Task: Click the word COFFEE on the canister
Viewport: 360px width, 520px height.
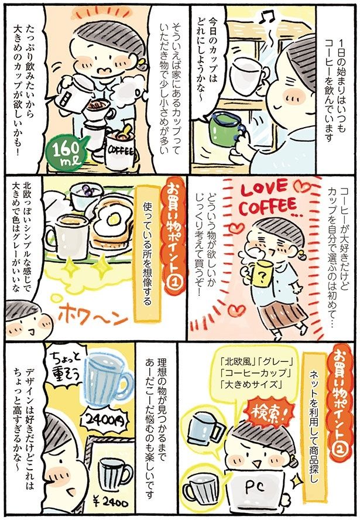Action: pos(121,150)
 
